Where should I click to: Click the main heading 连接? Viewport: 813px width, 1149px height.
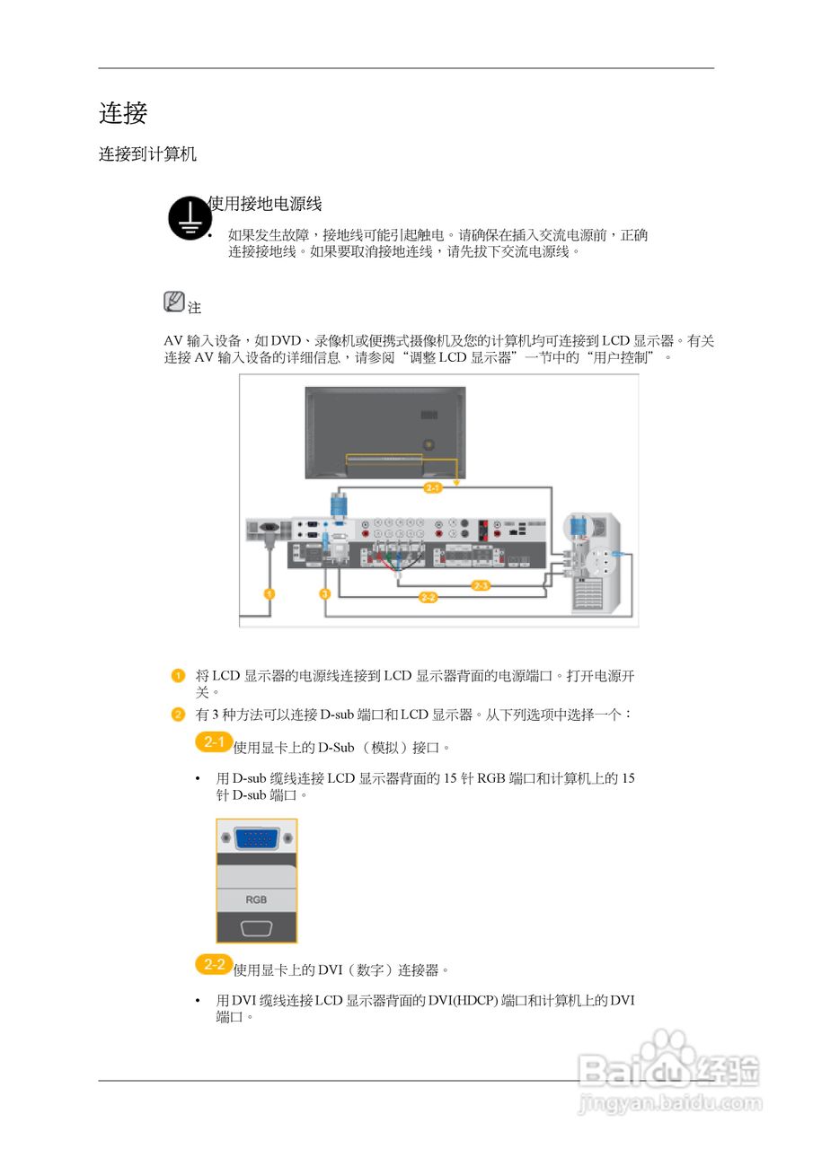[123, 114]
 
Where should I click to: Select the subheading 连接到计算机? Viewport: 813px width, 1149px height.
[147, 154]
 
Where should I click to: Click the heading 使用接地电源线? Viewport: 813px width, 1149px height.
[264, 204]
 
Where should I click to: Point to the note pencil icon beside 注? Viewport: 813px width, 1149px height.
[174, 302]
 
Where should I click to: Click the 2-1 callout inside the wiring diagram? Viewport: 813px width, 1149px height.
[432, 487]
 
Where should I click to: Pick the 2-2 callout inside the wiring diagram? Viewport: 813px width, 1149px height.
[429, 598]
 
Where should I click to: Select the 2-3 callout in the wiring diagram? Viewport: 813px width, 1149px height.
[481, 585]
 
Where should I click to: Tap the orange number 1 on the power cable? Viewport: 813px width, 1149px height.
[269, 593]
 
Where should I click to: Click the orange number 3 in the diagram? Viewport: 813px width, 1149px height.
[324, 593]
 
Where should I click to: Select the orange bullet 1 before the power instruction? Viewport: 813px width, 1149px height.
[179, 675]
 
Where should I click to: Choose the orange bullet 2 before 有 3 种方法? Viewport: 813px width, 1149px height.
[179, 714]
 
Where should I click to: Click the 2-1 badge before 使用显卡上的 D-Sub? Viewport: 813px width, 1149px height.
[214, 742]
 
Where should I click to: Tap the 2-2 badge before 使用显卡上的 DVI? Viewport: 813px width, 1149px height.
[214, 965]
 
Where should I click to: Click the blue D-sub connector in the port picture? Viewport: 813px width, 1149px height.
[257, 839]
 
